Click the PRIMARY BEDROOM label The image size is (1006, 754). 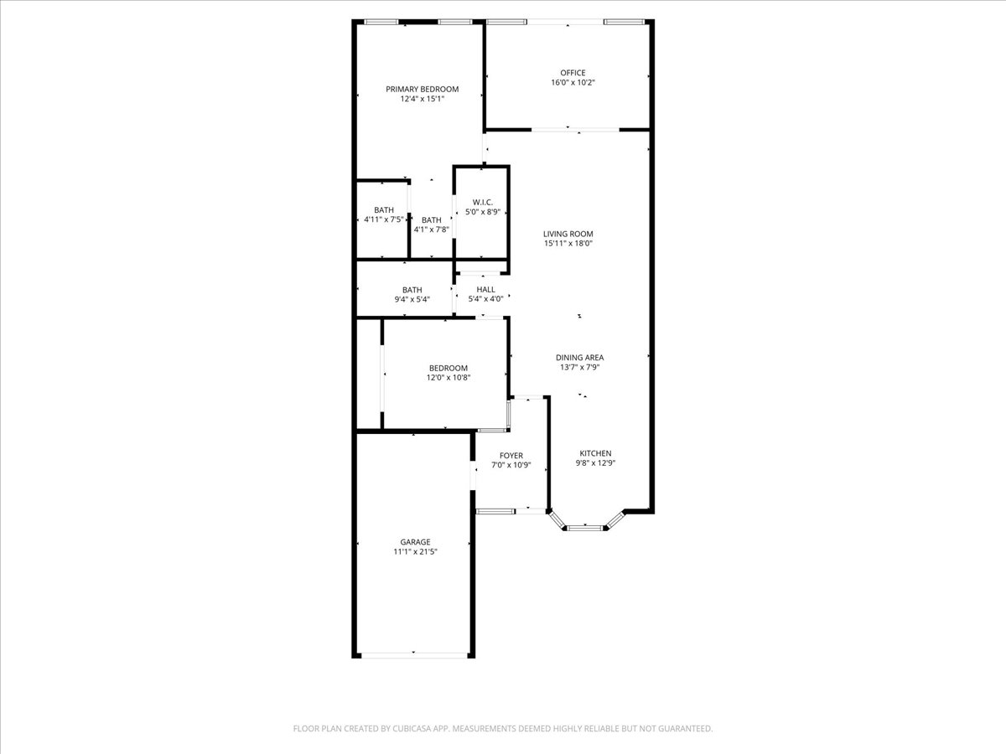tap(423, 90)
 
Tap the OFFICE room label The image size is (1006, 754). tap(573, 73)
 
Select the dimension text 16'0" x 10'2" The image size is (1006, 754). tap(573, 82)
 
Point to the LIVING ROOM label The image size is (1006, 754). tap(568, 234)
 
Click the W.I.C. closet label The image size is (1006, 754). tap(483, 203)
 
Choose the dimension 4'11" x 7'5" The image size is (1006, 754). tap(384, 219)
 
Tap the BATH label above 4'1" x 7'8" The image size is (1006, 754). tap(431, 220)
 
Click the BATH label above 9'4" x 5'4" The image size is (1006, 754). tap(412, 290)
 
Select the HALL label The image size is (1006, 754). tap(485, 289)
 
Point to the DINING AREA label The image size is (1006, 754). tap(580, 358)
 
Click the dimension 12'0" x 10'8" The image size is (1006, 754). tap(449, 378)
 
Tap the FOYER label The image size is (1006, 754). tap(511, 456)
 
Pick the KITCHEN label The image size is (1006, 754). tap(596, 453)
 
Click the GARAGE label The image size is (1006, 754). tap(415, 542)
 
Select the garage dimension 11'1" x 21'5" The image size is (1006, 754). tap(415, 551)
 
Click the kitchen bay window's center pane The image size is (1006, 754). tap(585, 529)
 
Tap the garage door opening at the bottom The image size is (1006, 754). tap(414, 656)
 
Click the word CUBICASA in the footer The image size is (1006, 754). tap(410, 728)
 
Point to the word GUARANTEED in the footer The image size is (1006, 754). tap(686, 728)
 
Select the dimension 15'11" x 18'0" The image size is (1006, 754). tap(568, 244)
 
